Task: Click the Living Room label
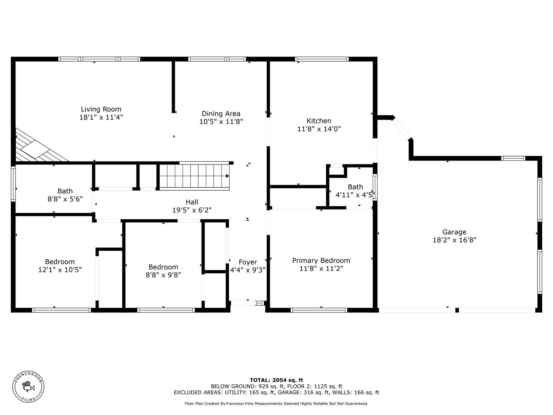pyautogui.click(x=101, y=109)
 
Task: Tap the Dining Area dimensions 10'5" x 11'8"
pyautogui.click(x=221, y=122)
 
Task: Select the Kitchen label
pyautogui.click(x=319, y=121)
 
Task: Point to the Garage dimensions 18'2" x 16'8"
pyautogui.click(x=454, y=240)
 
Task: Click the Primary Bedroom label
pyautogui.click(x=321, y=260)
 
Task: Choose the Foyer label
pyautogui.click(x=248, y=262)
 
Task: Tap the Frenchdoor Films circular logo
pyautogui.click(x=28, y=387)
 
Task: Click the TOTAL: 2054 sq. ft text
pyautogui.click(x=276, y=380)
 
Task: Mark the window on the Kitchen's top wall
pyautogui.click(x=322, y=59)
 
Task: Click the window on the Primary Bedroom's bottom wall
pyautogui.click(x=319, y=310)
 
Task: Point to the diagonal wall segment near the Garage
pyautogui.click(x=401, y=129)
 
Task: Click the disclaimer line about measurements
pyautogui.click(x=276, y=404)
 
